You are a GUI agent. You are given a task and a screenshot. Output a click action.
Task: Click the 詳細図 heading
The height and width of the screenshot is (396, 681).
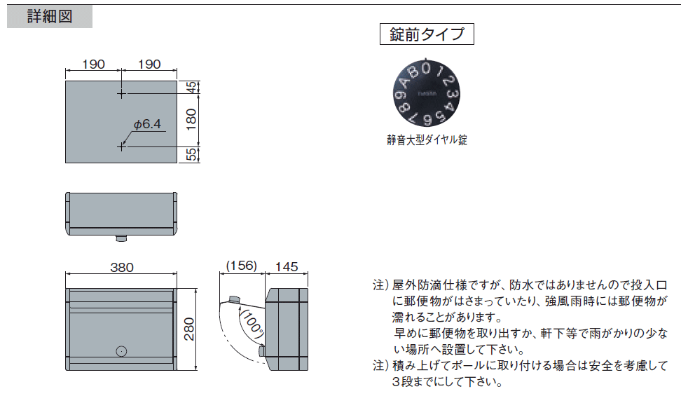click(49, 17)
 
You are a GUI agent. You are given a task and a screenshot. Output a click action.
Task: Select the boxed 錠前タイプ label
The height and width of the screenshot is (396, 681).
click(427, 34)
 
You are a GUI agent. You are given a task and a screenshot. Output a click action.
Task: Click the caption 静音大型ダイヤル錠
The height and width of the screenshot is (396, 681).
click(427, 140)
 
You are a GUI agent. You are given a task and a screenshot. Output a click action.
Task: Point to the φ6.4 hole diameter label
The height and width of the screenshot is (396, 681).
click(147, 124)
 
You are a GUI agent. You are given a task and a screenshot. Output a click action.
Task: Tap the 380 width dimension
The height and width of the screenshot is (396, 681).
click(121, 267)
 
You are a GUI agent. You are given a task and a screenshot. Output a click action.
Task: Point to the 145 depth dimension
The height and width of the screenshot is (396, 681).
click(287, 267)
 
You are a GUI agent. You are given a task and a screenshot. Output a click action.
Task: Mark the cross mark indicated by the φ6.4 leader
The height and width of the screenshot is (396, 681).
click(121, 146)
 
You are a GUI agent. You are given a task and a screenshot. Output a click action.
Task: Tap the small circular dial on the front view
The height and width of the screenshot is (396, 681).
click(121, 351)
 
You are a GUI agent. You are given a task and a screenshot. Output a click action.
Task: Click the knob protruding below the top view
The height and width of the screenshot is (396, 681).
click(121, 238)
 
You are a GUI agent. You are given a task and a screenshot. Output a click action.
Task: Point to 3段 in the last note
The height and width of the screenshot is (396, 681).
click(399, 382)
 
